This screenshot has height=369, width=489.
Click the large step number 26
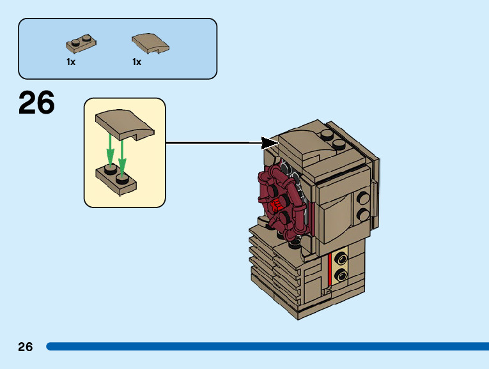[36, 103]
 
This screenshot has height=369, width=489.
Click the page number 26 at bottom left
[25, 347]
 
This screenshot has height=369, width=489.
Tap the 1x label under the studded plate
[71, 62]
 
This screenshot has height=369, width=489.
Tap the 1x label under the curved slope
[137, 62]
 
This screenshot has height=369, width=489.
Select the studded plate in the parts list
[81, 45]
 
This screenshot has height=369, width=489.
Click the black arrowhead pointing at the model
[271, 142]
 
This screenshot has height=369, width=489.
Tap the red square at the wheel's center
[277, 204]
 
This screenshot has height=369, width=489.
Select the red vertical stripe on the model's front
[330, 269]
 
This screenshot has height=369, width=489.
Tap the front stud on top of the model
[340, 146]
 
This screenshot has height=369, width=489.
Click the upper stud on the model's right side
[363, 197]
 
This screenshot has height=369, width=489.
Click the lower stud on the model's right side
[363, 215]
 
